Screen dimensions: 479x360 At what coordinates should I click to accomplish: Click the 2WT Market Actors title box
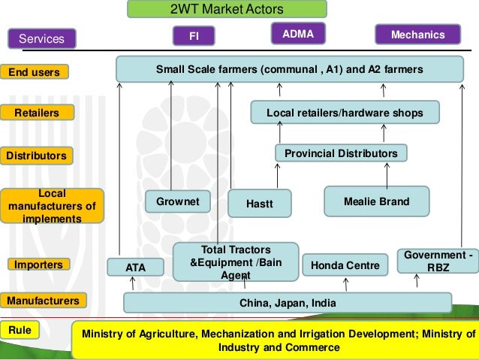227,9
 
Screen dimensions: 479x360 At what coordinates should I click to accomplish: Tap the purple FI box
193,36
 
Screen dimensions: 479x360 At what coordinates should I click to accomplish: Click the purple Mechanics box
418,35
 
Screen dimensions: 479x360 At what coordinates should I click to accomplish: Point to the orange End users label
34,72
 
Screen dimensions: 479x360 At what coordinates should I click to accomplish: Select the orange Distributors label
35,156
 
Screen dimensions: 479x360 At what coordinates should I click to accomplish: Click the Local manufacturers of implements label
52,206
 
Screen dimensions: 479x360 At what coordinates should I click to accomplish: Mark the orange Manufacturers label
42,301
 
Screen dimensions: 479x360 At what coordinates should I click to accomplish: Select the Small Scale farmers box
289,70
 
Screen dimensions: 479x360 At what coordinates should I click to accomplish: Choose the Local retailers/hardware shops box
345,113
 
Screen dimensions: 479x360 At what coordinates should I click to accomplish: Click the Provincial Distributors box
341,154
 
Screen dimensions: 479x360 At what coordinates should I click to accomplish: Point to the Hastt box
259,203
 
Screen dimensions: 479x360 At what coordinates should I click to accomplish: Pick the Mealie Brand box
376,201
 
